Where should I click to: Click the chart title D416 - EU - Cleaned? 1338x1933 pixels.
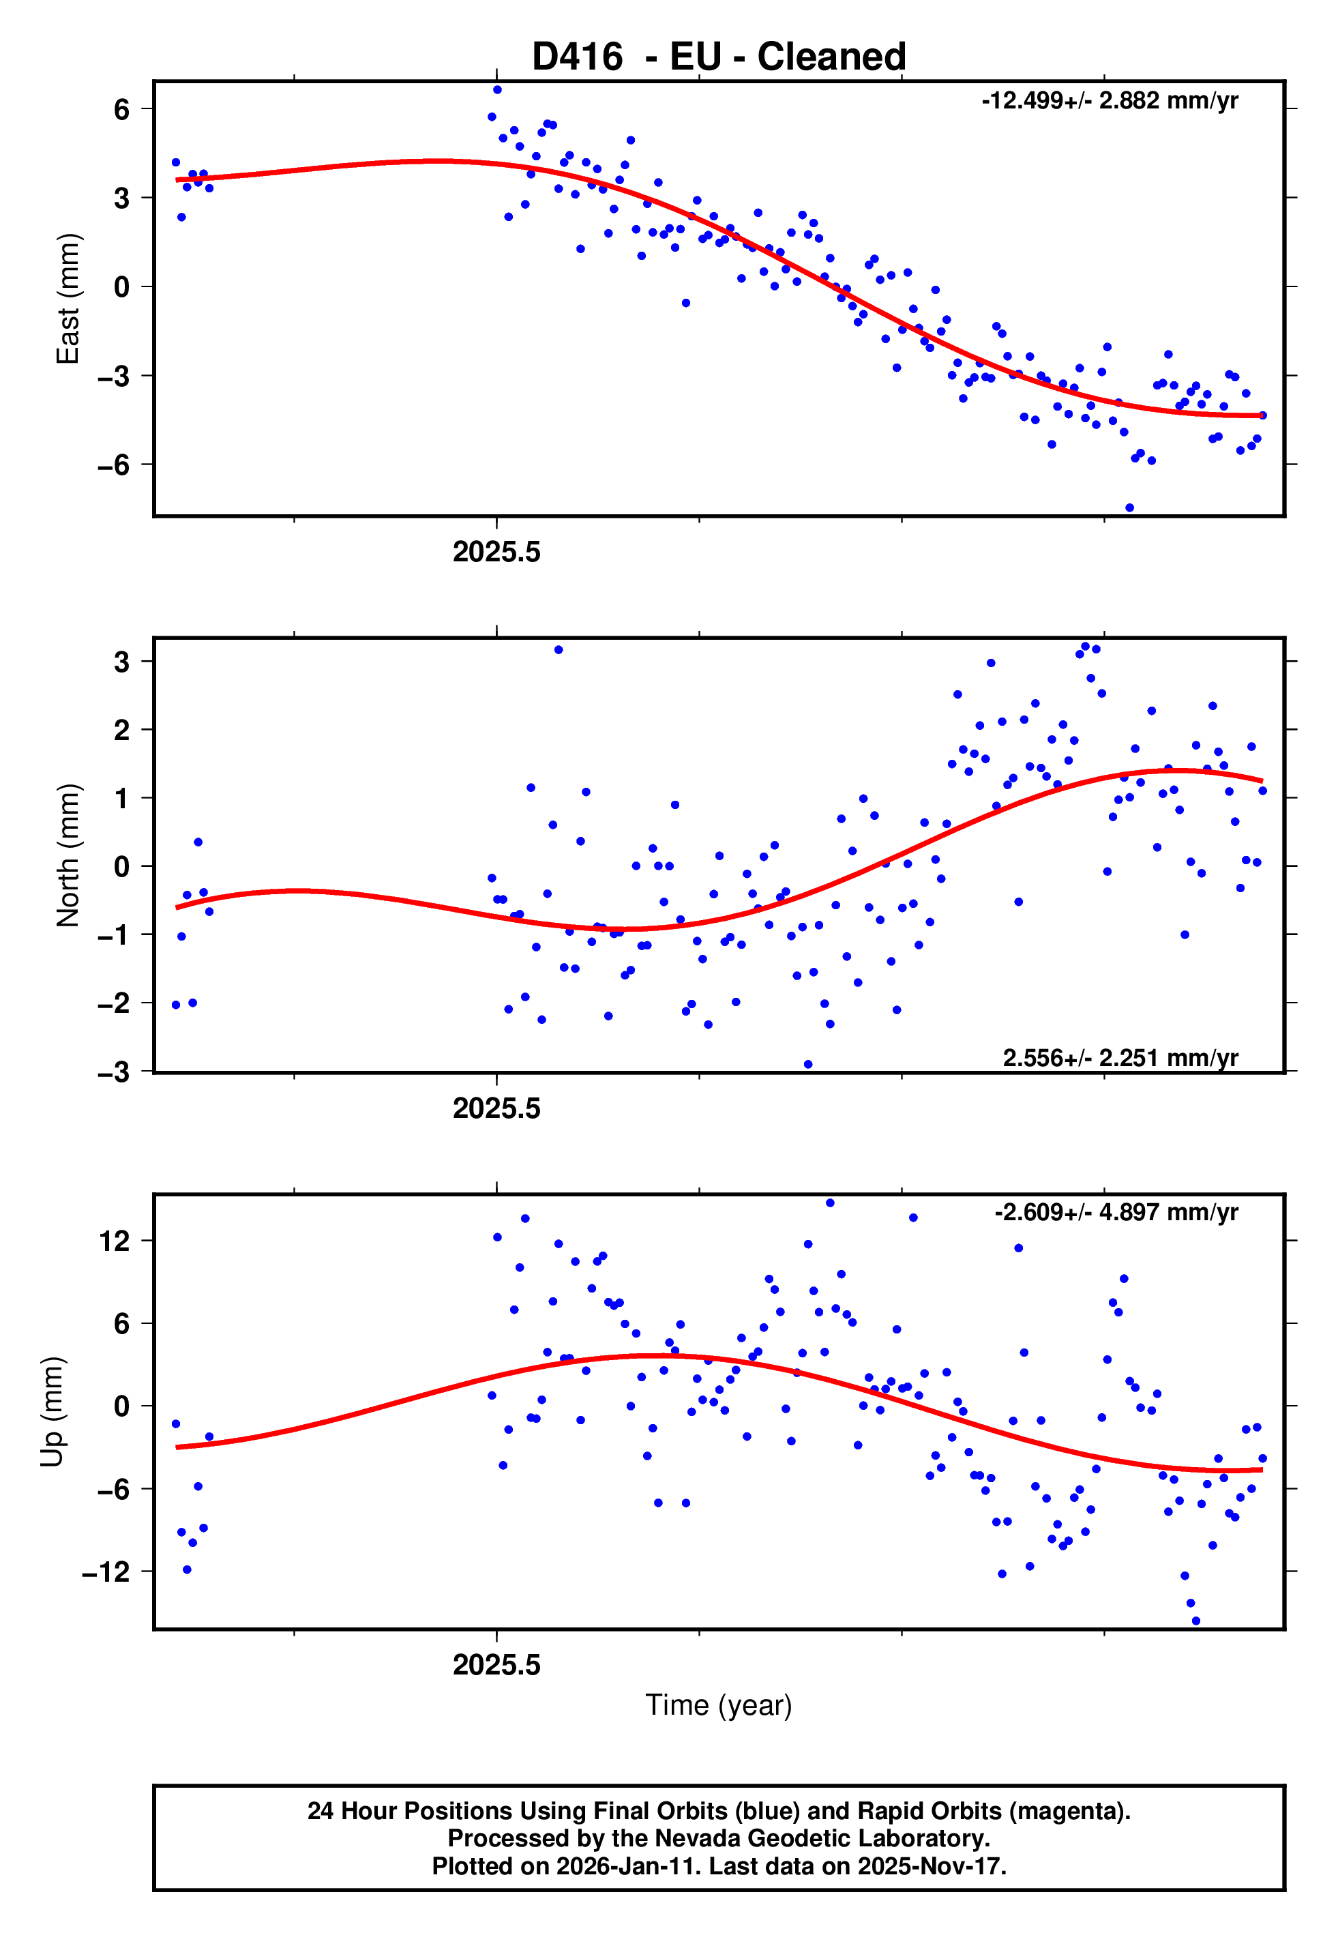[x=719, y=57]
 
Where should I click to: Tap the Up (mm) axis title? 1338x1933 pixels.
[x=52, y=1412]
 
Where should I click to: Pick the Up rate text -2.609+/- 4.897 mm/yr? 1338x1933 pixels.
[x=1116, y=1212]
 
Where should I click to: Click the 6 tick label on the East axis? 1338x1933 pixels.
[x=122, y=109]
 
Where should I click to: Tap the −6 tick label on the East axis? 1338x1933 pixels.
[x=114, y=465]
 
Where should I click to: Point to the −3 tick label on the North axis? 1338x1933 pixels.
[x=114, y=1072]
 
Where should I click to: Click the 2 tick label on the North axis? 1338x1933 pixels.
[x=122, y=730]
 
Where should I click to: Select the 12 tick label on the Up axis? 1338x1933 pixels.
[x=115, y=1241]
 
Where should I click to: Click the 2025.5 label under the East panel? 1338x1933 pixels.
[x=496, y=552]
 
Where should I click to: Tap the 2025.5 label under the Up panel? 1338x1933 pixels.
[x=496, y=1665]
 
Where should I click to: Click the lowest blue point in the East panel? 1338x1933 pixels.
[x=1129, y=508]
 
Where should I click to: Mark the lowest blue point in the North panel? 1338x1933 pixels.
[x=807, y=1065]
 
